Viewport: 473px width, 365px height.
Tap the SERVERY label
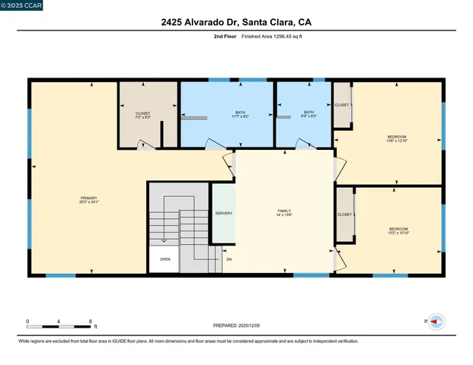pyautogui.click(x=223, y=213)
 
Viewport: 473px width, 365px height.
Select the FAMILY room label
pyautogui.click(x=284, y=210)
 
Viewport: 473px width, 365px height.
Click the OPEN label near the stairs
pyautogui.click(x=165, y=259)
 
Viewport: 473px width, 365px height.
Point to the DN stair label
pyautogui.click(x=229, y=259)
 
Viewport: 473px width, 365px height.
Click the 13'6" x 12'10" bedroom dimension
pyautogui.click(x=398, y=141)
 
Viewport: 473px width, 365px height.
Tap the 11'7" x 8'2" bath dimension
pyautogui.click(x=240, y=116)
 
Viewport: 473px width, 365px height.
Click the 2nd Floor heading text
pyautogui.click(x=225, y=36)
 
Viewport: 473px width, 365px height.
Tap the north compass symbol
pyautogui.click(x=436, y=322)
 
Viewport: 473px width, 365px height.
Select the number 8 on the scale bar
pyautogui.click(x=91, y=322)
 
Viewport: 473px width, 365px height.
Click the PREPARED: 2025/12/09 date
pyautogui.click(x=235, y=326)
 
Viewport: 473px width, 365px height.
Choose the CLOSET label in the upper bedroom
pyautogui.click(x=342, y=105)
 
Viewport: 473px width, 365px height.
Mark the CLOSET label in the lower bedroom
pyautogui.click(x=344, y=214)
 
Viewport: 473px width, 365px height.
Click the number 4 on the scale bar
pyautogui.click(x=59, y=322)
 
